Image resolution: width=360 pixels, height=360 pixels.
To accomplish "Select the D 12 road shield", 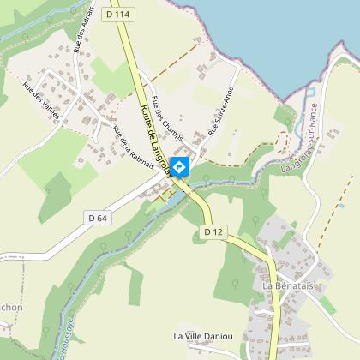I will pos(213,232).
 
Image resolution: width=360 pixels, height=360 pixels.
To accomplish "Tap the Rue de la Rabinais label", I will pos(132,147).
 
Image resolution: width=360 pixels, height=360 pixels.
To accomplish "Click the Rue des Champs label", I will pos(166,118).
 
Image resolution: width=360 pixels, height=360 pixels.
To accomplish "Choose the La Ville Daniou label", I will pos(208,335).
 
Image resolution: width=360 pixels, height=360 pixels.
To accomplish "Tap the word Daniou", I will pos(226,335).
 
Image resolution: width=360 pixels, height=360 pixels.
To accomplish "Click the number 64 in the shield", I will pos(103,219).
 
